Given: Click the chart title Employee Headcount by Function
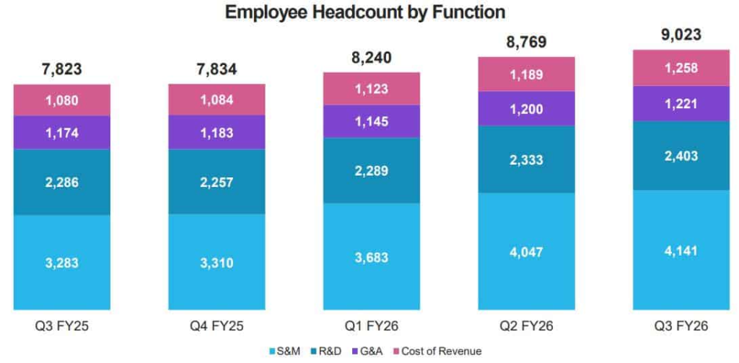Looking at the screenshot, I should [364, 12].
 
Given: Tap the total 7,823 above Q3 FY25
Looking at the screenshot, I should [62, 69].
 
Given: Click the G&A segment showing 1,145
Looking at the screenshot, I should [372, 121].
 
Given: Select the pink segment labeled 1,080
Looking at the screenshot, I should [62, 100].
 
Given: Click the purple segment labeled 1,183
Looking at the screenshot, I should [217, 133].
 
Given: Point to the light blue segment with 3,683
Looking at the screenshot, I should [372, 257].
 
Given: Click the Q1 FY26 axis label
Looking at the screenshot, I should [372, 327].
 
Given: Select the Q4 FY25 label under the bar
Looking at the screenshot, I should [217, 327].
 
